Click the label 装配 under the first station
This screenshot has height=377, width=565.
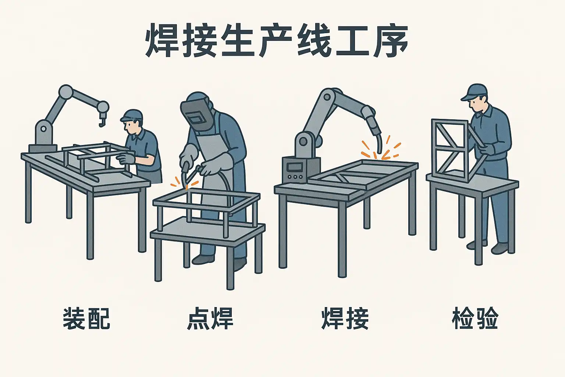[x=86, y=319]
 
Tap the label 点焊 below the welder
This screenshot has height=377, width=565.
[x=210, y=319]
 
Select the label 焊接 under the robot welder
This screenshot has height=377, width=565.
[x=345, y=319]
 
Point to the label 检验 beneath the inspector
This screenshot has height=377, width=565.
[x=475, y=319]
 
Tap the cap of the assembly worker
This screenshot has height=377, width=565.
[x=132, y=115]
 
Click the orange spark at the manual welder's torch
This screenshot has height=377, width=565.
[x=186, y=187]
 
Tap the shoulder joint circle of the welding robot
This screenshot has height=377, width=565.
[x=327, y=97]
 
